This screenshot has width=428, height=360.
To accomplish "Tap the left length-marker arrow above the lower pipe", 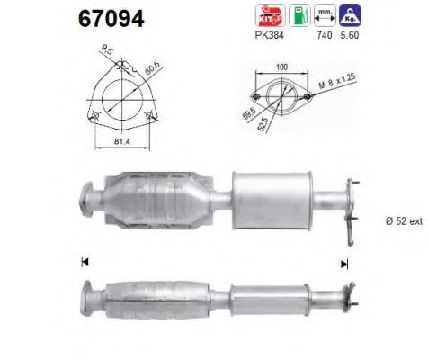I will point(85,262).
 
